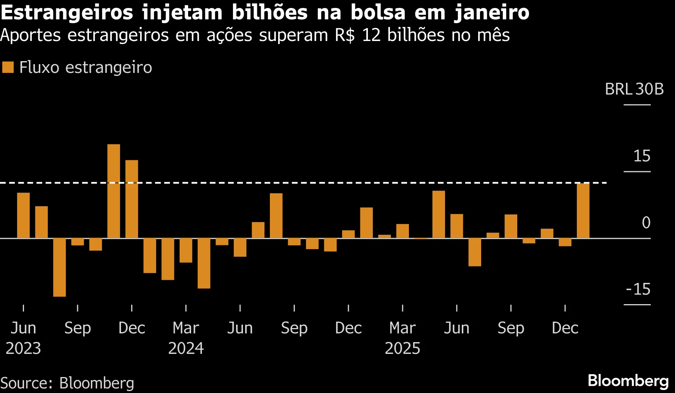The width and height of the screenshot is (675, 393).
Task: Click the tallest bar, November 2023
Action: (x=114, y=191)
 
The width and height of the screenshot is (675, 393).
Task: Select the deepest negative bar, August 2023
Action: (x=59, y=267)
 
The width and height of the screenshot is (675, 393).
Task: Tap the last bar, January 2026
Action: (x=583, y=211)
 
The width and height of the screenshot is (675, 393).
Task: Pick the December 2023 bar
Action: (x=132, y=199)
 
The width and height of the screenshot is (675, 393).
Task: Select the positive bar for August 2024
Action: (x=276, y=216)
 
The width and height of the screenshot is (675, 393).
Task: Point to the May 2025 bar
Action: (x=439, y=215)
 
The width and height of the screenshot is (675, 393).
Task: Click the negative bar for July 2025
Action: (x=475, y=252)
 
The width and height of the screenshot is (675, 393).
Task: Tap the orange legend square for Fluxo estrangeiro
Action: (x=8, y=68)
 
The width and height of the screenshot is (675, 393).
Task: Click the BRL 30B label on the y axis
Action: (x=634, y=89)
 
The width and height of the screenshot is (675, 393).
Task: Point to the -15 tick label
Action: (x=638, y=289)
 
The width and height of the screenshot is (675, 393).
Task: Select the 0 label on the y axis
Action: (x=646, y=223)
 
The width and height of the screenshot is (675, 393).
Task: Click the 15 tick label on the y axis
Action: (x=642, y=156)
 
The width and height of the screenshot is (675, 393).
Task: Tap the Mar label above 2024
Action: (x=185, y=328)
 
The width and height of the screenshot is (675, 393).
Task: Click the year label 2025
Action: (x=402, y=348)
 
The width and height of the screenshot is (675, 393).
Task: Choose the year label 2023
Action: (x=23, y=348)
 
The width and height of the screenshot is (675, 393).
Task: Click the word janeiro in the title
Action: (x=491, y=13)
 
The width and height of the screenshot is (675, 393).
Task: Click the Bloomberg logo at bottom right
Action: (x=628, y=380)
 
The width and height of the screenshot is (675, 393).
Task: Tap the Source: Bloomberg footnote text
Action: (x=67, y=383)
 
